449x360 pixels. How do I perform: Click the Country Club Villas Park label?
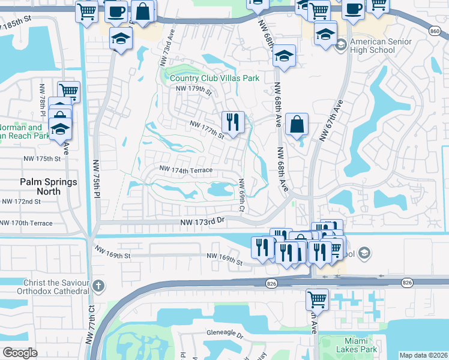[x=214, y=78]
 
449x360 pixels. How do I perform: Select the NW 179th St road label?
[x=194, y=91]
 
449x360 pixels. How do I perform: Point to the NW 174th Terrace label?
[x=185, y=170]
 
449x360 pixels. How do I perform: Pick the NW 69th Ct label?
[x=242, y=194]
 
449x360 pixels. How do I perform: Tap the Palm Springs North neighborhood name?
[x=40, y=187]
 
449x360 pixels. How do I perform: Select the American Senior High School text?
[x=381, y=46]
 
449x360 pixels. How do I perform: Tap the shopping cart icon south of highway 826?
[x=317, y=298]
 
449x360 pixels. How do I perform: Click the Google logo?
[x=20, y=352]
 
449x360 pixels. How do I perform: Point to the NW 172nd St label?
[x=20, y=202]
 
